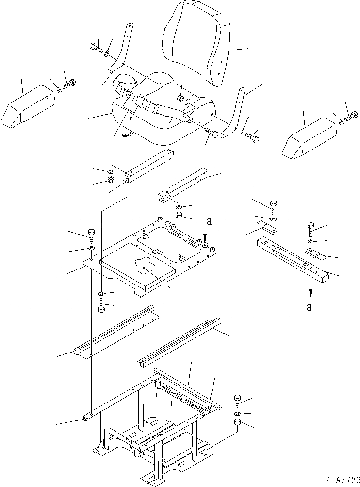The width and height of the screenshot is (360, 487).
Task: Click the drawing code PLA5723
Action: (340, 479)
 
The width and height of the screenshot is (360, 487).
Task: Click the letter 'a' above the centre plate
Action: (209, 222)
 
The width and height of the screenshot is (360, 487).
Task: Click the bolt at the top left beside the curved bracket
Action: (96, 48)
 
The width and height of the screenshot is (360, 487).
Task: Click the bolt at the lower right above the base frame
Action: (237, 401)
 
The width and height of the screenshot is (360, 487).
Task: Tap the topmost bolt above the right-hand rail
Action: (274, 206)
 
